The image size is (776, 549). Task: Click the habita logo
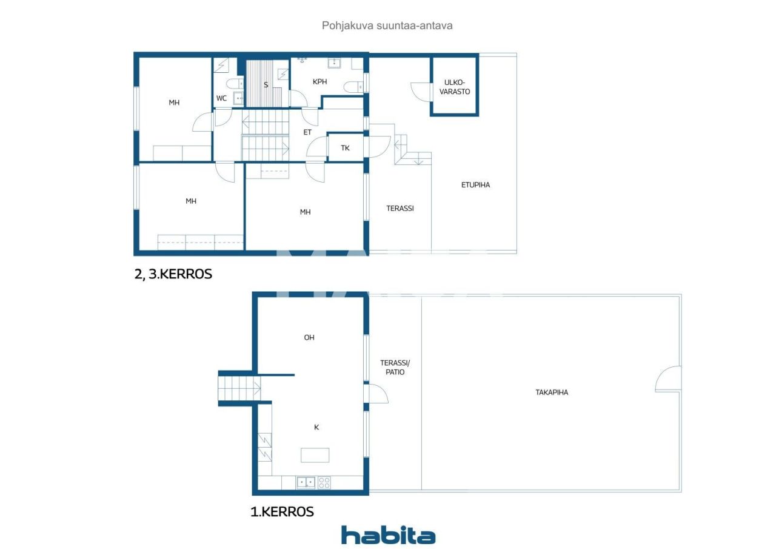click(x=388, y=535)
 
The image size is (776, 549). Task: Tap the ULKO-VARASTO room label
click(x=455, y=87)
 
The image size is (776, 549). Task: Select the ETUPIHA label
click(x=475, y=185)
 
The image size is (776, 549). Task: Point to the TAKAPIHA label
click(x=552, y=392)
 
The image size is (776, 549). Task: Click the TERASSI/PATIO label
click(x=395, y=368)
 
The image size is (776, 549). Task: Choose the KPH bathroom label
click(x=320, y=82)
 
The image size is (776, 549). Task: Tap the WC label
click(x=222, y=98)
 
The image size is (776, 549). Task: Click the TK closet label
click(x=345, y=148)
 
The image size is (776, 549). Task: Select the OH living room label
click(x=309, y=338)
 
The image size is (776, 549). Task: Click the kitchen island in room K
click(x=315, y=455)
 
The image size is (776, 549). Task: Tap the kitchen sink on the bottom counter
click(x=306, y=482)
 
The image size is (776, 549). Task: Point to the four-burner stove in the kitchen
click(x=325, y=482)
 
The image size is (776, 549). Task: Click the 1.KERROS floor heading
click(x=282, y=512)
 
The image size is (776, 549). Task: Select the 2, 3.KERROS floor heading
click(x=173, y=274)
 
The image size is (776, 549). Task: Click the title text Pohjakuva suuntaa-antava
click(x=387, y=26)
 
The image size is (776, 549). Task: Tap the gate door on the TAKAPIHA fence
click(x=669, y=379)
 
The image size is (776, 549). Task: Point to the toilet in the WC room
click(x=233, y=84)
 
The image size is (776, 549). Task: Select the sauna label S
click(x=266, y=85)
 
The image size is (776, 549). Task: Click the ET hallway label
click(x=307, y=132)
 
